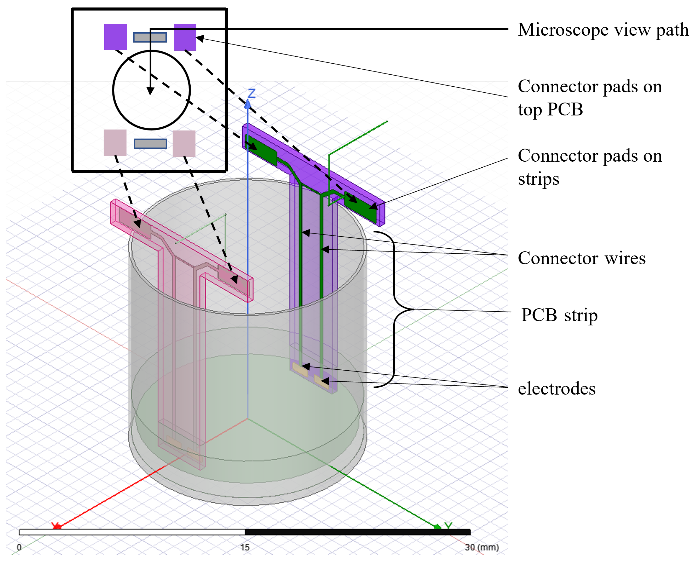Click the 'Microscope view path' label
pos(603,30)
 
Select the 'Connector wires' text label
pos(581,259)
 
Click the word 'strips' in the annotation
pos(538,179)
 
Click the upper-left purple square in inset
pos(115,37)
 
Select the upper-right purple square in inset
pos(185,37)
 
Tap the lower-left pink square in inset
pos(115,143)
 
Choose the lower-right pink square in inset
pos(184,144)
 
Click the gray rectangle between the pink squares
pos(150,144)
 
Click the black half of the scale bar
pos(357,532)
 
